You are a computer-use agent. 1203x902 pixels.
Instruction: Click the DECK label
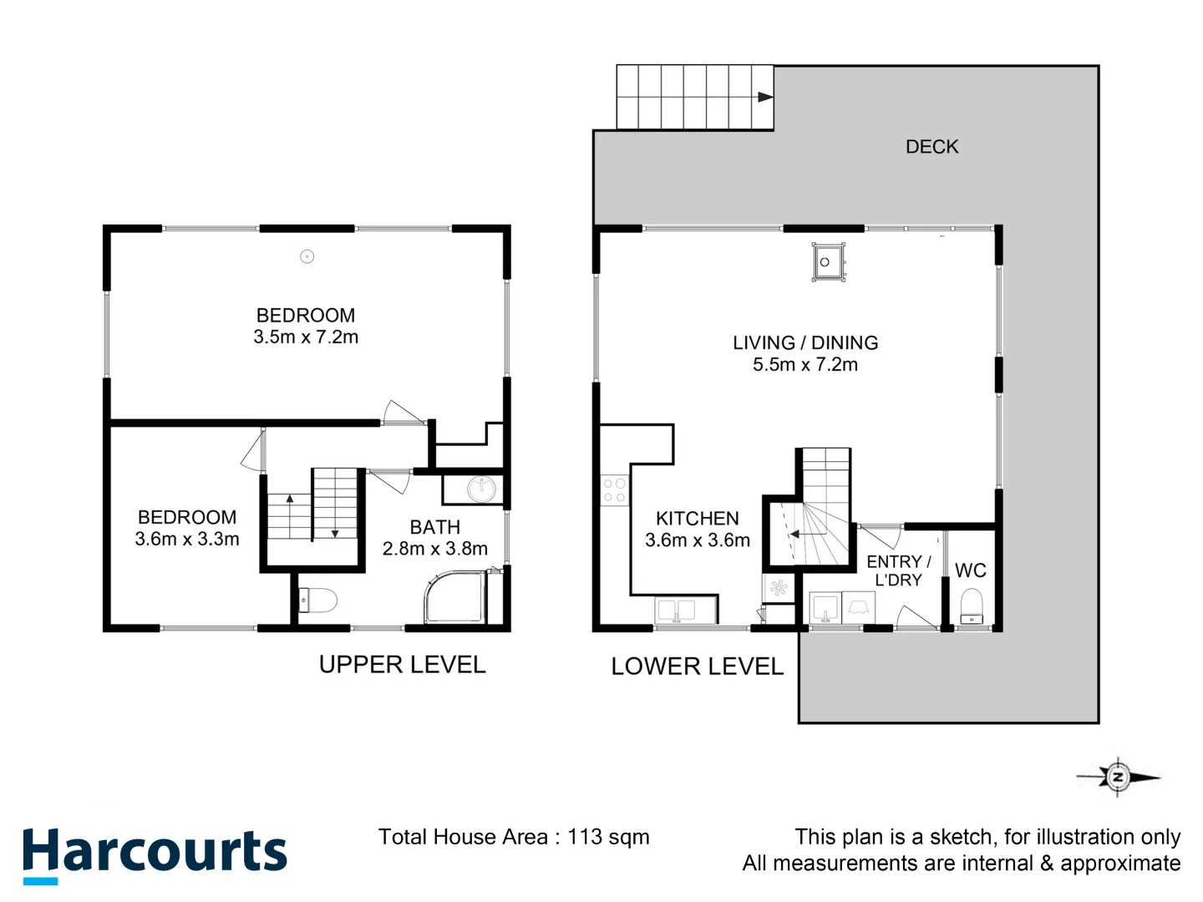click(931, 147)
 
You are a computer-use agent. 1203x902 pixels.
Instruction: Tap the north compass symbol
click(1118, 777)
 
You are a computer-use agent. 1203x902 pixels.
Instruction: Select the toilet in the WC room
click(972, 606)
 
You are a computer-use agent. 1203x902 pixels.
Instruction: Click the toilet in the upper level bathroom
click(318, 600)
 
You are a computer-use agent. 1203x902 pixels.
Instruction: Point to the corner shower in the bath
click(454, 597)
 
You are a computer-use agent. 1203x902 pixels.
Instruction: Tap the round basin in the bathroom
click(481, 489)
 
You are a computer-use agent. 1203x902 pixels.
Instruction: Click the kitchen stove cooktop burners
click(614, 490)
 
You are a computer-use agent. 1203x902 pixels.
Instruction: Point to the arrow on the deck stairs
click(764, 97)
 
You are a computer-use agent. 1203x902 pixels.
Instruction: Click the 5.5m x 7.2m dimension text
click(805, 365)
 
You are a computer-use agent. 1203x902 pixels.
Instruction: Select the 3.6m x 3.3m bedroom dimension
click(187, 540)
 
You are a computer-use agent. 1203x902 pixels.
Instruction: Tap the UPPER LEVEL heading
click(402, 665)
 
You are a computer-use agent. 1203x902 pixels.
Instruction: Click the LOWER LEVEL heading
click(697, 666)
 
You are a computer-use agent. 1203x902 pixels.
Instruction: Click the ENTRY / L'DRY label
click(898, 570)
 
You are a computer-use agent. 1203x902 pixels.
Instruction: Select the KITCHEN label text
click(697, 519)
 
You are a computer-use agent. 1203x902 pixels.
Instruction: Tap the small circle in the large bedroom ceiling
click(307, 256)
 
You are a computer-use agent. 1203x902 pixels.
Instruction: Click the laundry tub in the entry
click(825, 609)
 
